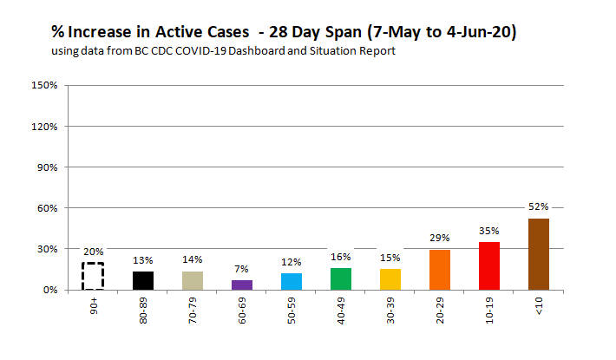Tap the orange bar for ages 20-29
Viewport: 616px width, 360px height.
[x=439, y=270]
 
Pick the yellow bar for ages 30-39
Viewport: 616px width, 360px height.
[x=390, y=279]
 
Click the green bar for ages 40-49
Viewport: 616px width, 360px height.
[x=340, y=278]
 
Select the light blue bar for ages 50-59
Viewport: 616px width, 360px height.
[x=292, y=281]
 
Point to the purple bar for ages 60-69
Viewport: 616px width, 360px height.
[x=242, y=285]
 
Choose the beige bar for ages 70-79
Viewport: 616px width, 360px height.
[x=193, y=280]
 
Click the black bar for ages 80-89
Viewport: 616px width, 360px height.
[x=144, y=280]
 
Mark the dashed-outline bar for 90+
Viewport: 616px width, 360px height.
[x=94, y=276]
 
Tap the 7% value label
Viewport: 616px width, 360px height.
[x=242, y=268]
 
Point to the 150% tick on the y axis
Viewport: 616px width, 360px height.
[x=44, y=86]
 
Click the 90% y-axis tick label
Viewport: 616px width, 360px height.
[x=47, y=167]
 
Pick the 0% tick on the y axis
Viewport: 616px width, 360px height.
[x=49, y=290]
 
